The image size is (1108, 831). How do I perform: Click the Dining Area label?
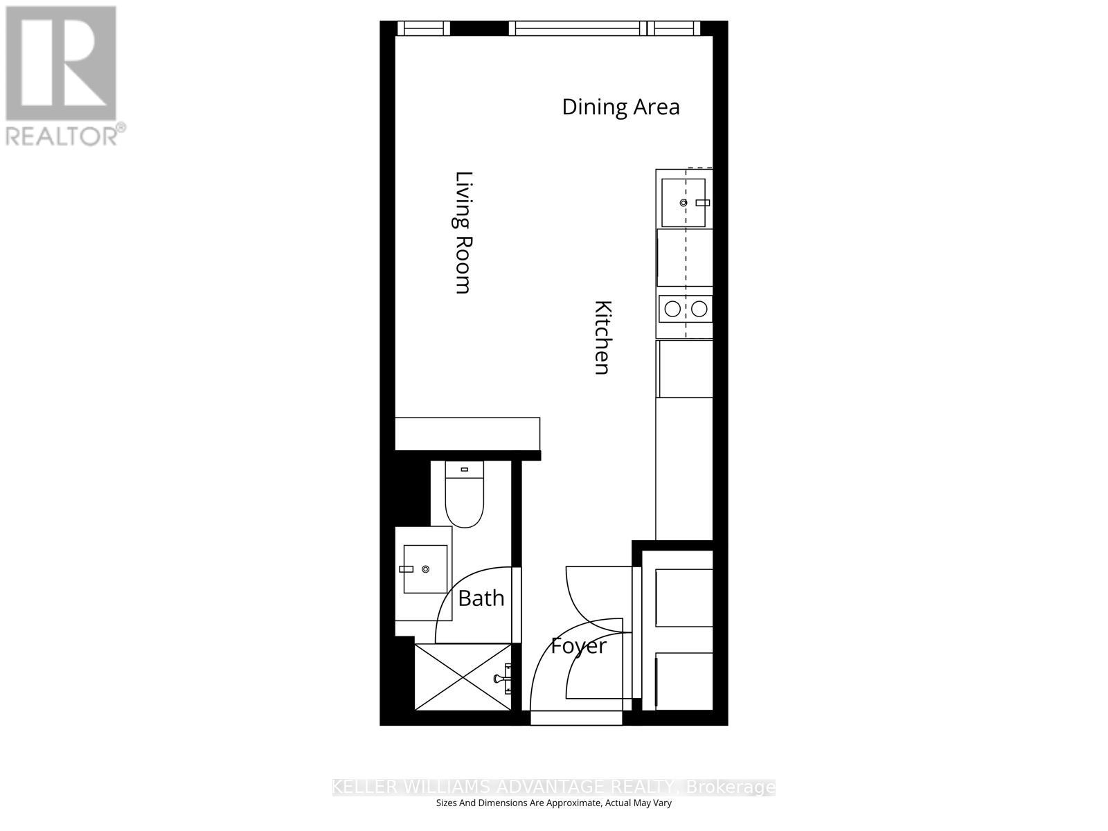(620, 107)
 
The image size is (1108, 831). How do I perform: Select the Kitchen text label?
(603, 337)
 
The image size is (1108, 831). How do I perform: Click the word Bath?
(481, 598)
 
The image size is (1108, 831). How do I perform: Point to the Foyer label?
(578, 646)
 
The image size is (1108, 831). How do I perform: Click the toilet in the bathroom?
(464, 502)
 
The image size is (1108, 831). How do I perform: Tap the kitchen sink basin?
(683, 203)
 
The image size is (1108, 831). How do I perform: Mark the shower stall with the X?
(462, 677)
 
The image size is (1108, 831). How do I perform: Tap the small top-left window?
(423, 28)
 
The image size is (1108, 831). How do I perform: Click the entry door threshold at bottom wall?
(576, 719)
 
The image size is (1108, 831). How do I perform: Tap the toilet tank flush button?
(464, 470)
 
